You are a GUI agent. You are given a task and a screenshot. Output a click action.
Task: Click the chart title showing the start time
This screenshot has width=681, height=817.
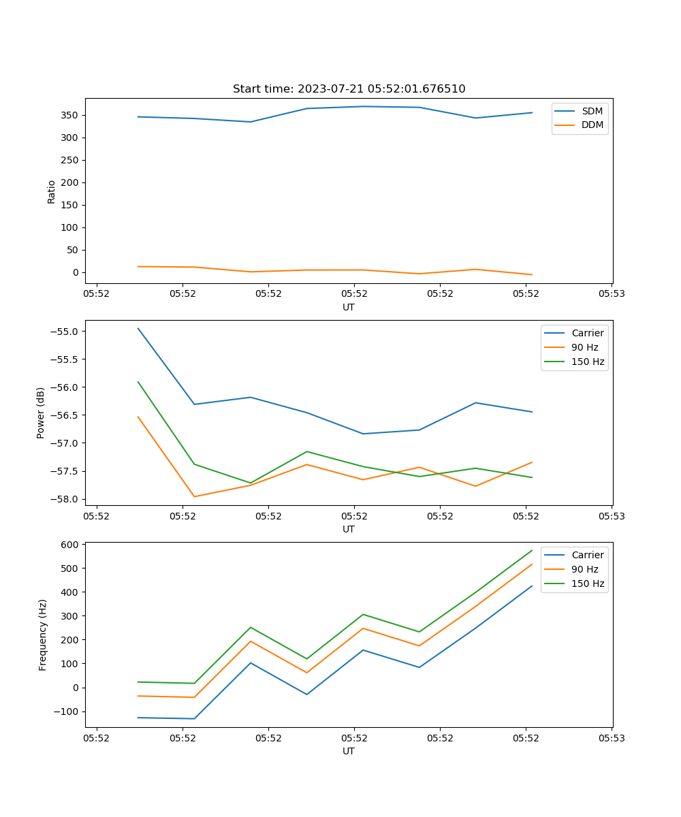[x=349, y=89]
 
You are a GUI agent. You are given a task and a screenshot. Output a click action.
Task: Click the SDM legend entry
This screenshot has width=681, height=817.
[x=592, y=111]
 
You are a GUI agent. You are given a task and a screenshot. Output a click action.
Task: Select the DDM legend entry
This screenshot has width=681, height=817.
[x=592, y=125]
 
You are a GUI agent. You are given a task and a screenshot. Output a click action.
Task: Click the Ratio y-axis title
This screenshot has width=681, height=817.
[x=52, y=192]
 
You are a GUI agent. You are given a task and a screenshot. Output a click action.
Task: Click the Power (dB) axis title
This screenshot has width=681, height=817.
[x=41, y=413]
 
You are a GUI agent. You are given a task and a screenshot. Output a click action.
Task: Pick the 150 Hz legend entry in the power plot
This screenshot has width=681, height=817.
[x=588, y=362]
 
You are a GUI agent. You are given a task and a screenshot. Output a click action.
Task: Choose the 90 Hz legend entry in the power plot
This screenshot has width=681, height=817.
[x=584, y=347]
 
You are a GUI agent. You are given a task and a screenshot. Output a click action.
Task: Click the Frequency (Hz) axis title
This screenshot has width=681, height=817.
[x=43, y=635]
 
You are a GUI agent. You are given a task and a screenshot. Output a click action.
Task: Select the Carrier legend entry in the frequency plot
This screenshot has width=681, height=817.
[x=587, y=555]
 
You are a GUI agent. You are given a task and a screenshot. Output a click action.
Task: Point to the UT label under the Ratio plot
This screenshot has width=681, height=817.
[x=349, y=307]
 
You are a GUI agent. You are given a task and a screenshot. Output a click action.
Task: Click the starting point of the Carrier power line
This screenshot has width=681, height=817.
[x=138, y=328]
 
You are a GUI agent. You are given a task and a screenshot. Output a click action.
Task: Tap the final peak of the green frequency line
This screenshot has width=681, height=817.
[x=532, y=550]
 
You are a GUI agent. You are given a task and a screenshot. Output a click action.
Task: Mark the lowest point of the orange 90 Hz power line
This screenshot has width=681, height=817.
[x=194, y=496]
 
